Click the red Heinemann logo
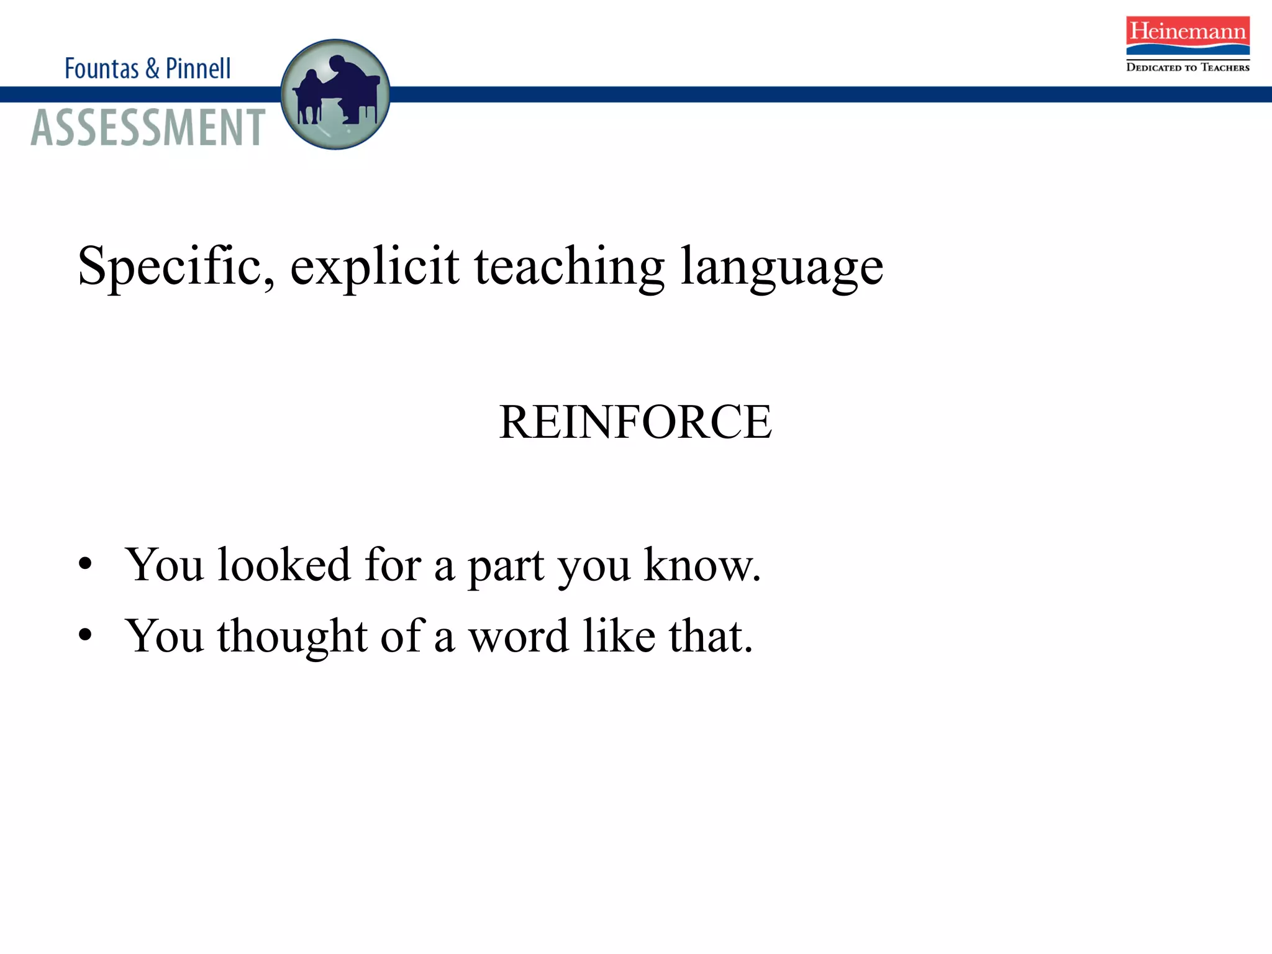pyautogui.click(x=1188, y=35)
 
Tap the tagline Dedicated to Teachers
pyautogui.click(x=1188, y=67)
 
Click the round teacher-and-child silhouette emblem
pyautogui.click(x=335, y=94)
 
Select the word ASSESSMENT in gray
pyautogui.click(x=148, y=128)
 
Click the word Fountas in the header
pyautogui.click(x=102, y=68)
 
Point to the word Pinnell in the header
pyautogui.click(x=198, y=68)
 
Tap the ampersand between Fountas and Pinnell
pyautogui.click(x=152, y=68)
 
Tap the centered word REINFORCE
pyautogui.click(x=635, y=422)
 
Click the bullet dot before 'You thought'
pyautogui.click(x=86, y=636)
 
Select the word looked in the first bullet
pyautogui.click(x=284, y=565)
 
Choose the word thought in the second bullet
pyautogui.click(x=292, y=637)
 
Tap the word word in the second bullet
pyautogui.click(x=518, y=637)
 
